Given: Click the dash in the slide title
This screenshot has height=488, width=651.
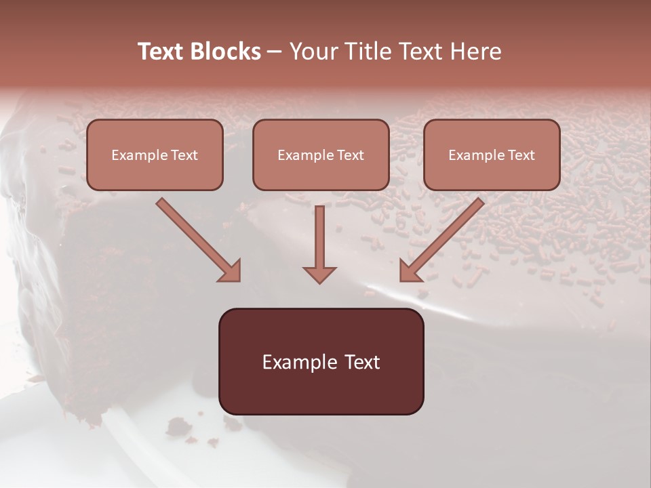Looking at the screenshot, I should point(275,52).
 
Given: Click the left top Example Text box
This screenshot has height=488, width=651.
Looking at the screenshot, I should point(155,155).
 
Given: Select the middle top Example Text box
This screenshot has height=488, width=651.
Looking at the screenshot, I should point(321,155).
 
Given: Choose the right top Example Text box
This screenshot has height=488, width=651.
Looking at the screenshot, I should point(492,155).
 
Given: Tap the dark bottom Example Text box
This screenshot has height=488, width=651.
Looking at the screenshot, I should point(321,361).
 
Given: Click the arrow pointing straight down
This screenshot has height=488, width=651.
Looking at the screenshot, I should point(319,244).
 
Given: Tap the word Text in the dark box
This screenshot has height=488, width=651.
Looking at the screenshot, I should point(362,362).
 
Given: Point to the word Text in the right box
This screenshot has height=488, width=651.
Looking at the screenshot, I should point(521,155).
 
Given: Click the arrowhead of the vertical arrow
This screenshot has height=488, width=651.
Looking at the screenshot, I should point(319,274).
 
